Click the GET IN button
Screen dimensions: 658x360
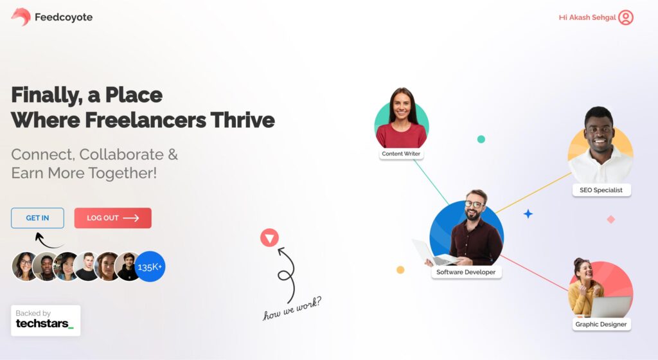click(37, 218)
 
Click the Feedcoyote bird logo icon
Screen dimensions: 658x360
click(21, 17)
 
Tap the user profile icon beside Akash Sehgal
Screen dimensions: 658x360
click(626, 17)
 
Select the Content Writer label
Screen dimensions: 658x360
click(401, 154)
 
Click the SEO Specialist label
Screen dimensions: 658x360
click(601, 190)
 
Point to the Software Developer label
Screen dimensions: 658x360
click(466, 272)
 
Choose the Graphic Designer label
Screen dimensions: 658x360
click(601, 324)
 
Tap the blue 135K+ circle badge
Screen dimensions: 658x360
click(150, 266)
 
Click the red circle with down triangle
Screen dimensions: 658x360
click(269, 238)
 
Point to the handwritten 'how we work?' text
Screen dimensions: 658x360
click(292, 309)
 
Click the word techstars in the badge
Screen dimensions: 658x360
click(42, 323)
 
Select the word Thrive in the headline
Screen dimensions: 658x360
click(242, 120)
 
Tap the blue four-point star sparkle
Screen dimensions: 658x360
click(528, 214)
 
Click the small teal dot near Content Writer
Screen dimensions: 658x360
click(481, 139)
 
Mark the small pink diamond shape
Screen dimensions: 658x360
click(611, 219)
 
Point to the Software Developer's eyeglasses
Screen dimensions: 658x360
click(475, 204)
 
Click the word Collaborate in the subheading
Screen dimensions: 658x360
click(121, 154)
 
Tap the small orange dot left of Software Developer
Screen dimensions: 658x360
click(400, 270)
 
